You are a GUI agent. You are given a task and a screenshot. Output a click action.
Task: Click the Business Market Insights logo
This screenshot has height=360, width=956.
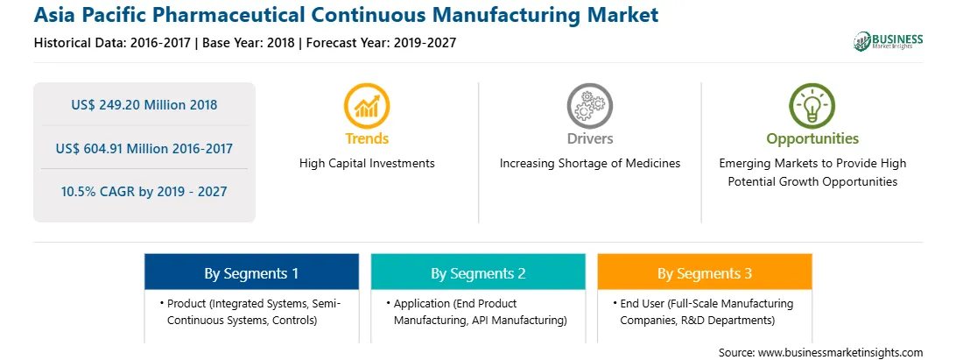pos(889,41)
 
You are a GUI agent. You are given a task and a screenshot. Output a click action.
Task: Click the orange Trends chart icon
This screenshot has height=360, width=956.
pos(367,106)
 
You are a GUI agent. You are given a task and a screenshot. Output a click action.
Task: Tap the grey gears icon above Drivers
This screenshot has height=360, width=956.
pos(589,106)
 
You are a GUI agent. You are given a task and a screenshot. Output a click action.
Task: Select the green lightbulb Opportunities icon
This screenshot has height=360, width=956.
pos(812,106)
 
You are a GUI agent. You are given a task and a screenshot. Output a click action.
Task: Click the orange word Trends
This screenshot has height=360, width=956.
pos(367,138)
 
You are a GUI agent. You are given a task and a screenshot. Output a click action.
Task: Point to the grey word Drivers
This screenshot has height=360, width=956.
pos(589,138)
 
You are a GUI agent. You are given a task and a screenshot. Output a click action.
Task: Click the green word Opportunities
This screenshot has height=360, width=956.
pos(812,139)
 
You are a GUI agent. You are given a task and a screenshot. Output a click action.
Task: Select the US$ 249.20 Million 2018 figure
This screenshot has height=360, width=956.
pos(144,105)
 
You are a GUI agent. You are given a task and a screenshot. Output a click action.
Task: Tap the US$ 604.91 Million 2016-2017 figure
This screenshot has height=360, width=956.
pos(144,148)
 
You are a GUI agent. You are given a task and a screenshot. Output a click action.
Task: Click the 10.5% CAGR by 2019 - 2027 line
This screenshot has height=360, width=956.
pos(144,192)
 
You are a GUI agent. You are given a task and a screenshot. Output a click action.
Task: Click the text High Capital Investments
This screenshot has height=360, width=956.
pos(367,164)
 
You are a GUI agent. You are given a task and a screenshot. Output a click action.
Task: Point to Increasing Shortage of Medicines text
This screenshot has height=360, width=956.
pos(589,164)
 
